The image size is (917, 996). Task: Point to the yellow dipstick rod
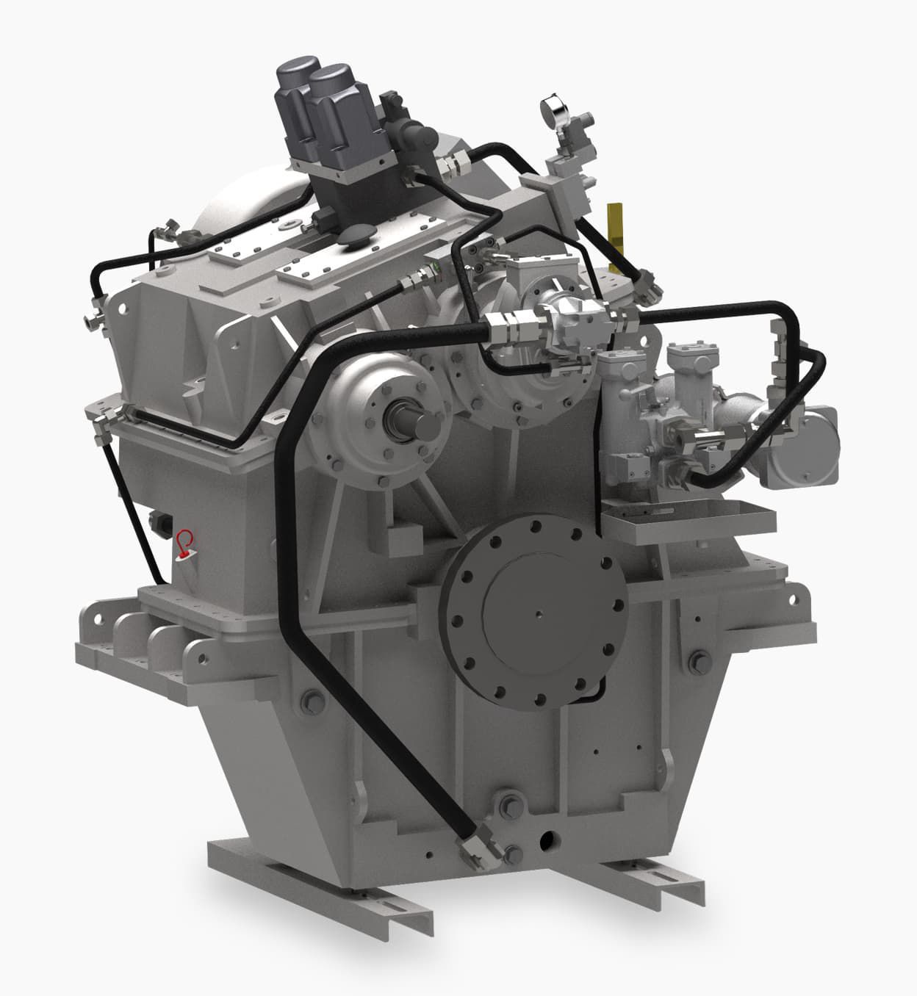pyautogui.click(x=616, y=228)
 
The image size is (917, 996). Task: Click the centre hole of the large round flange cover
pyautogui.click(x=539, y=616)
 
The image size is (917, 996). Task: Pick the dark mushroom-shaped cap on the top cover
pyautogui.click(x=358, y=237)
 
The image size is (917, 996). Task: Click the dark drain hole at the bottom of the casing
pyautogui.click(x=546, y=838)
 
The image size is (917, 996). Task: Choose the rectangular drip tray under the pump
pyautogui.click(x=687, y=519)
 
